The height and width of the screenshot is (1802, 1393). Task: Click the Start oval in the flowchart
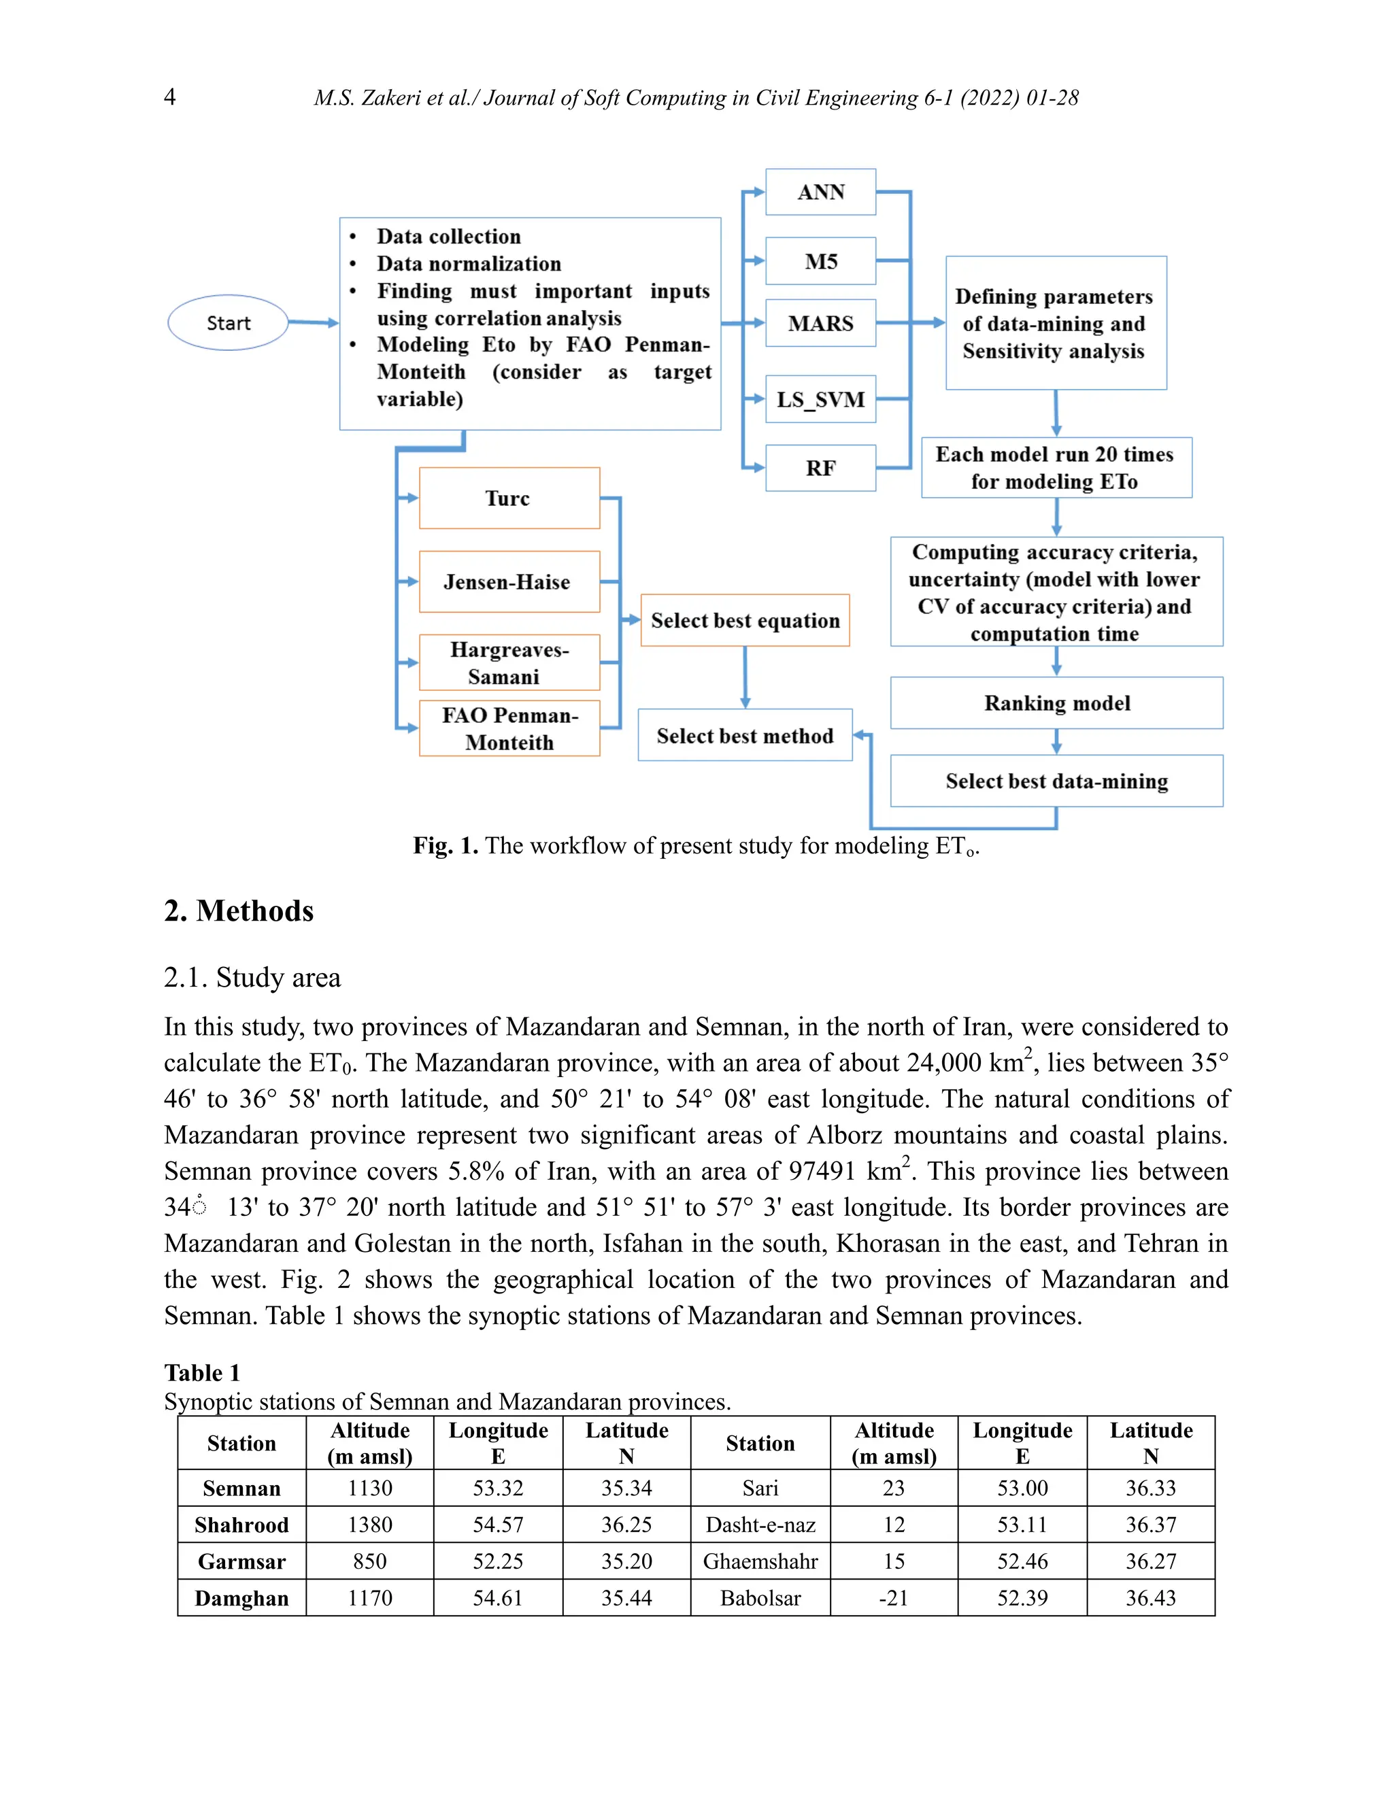228,322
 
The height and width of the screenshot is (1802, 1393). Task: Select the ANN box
820,192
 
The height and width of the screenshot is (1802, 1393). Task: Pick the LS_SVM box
820,399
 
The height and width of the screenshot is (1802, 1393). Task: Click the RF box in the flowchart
820,468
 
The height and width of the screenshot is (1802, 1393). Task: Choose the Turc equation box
508,498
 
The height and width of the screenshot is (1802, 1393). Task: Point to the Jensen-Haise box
508,581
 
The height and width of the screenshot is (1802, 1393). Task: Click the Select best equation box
744,620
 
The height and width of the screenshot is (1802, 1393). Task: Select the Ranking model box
1056,703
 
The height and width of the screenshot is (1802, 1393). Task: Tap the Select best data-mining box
1056,781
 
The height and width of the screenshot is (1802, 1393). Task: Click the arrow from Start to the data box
314,322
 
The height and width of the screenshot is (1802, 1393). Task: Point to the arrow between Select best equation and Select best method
745,677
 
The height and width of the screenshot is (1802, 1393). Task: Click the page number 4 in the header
170,97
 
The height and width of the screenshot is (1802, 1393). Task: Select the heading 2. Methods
239,911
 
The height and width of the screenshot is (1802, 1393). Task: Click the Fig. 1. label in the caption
445,846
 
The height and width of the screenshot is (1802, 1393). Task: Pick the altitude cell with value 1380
370,1525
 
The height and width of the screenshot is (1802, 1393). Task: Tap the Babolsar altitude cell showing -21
894,1598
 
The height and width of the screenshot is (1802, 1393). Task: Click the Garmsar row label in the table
241,1562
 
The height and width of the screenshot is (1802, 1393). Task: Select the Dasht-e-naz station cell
760,1525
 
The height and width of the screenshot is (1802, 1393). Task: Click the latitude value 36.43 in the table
1150,1598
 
